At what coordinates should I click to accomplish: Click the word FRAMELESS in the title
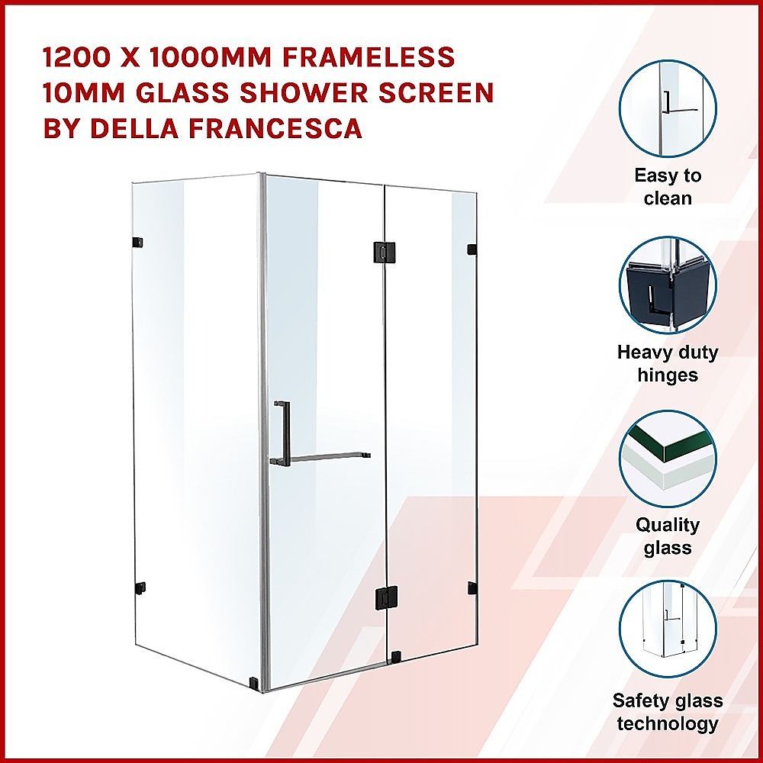369,57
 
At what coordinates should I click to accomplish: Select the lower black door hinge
386,597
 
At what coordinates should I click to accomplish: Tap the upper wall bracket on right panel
472,250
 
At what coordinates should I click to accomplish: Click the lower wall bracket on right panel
472,588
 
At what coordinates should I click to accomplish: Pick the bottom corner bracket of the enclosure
254,682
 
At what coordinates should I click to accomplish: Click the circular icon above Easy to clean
668,108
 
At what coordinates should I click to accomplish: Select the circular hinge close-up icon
668,285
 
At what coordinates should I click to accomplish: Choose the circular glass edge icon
668,459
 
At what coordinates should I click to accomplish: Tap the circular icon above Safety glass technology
668,629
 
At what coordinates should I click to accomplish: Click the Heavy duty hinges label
668,363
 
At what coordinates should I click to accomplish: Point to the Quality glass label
668,536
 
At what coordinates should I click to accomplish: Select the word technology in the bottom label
668,724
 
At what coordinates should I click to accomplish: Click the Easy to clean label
668,187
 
